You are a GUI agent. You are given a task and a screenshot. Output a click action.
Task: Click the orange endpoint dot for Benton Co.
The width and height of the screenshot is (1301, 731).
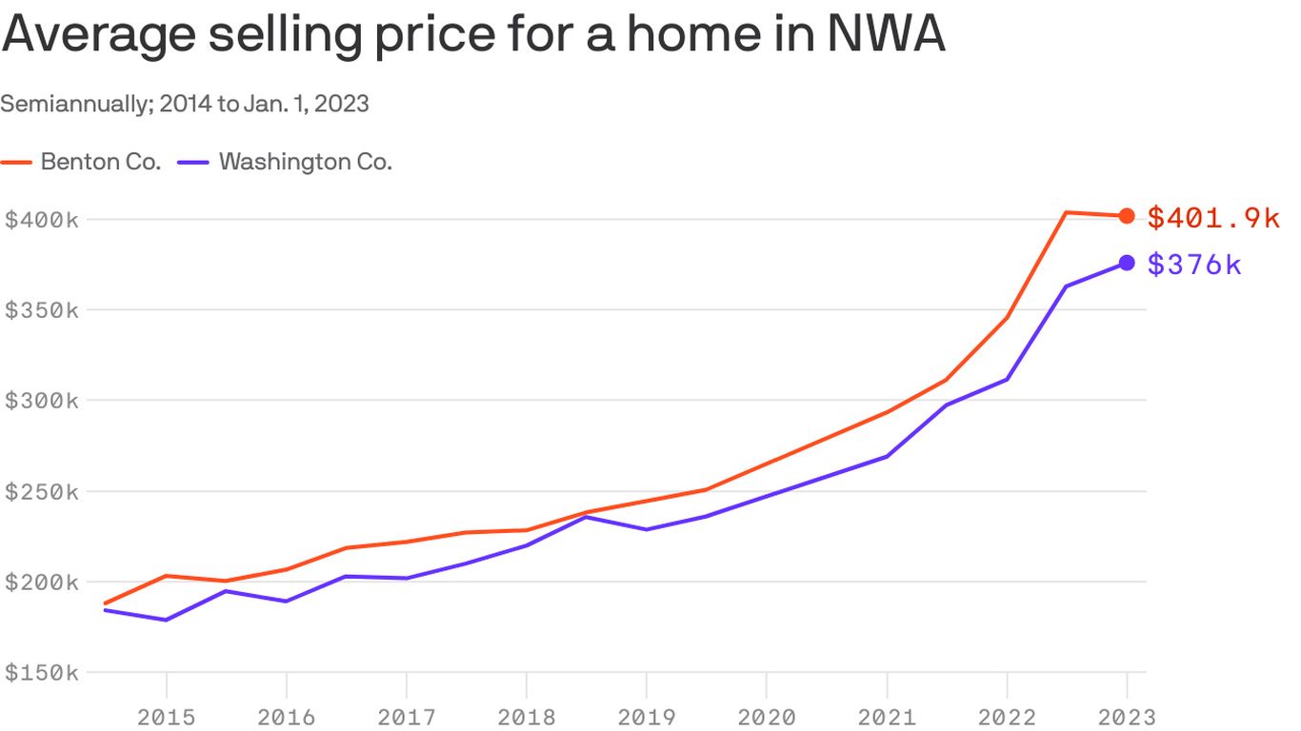1127,216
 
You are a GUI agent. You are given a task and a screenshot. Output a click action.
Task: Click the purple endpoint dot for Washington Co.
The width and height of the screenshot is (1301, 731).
1127,263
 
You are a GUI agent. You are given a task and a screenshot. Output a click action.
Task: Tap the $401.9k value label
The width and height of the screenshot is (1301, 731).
1213,218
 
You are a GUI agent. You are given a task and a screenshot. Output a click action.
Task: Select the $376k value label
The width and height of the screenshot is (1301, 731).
1194,265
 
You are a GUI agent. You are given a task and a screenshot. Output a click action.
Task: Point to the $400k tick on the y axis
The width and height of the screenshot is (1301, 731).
41,220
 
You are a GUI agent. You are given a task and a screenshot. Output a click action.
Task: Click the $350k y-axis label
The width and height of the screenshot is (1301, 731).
41,310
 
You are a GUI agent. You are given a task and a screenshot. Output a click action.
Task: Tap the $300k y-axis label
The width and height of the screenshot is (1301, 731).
41,401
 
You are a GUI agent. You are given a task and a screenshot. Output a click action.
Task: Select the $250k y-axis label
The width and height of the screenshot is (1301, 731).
41,492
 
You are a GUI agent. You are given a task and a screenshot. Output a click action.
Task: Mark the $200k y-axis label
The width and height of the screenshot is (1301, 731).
41,583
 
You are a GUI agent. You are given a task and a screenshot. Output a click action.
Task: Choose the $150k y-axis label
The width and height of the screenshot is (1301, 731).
41,673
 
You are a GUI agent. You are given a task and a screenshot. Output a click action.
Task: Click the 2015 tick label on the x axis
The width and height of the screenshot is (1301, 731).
167,717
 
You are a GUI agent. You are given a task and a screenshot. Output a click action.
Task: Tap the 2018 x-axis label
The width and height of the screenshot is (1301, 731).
527,717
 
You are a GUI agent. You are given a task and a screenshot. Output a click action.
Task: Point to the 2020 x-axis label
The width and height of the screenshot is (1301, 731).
767,717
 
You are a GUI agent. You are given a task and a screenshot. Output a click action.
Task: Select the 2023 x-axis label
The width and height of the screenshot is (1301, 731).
1127,717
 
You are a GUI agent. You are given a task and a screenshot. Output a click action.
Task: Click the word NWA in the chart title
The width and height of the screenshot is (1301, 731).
885,34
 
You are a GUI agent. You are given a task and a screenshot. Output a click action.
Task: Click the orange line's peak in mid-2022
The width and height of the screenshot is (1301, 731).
1067,212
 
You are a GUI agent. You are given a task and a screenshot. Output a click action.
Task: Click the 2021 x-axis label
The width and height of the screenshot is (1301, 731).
887,717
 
